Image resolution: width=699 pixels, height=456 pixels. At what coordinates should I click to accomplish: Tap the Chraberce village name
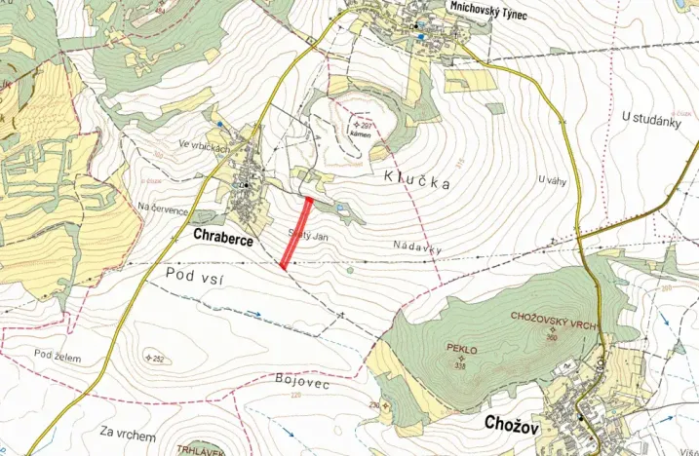pyautogui.click(x=223, y=237)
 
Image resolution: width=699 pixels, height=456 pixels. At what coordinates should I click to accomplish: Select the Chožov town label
pyautogui.click(x=513, y=424)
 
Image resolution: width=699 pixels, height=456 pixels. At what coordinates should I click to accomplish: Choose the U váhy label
pyautogui.click(x=552, y=180)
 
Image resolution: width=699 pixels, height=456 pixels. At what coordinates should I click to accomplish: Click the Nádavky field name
pyautogui.click(x=418, y=247)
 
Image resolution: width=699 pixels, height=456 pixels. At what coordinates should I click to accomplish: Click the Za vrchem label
pyautogui.click(x=128, y=430)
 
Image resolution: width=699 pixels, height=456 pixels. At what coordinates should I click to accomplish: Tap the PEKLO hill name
pyautogui.click(x=459, y=348)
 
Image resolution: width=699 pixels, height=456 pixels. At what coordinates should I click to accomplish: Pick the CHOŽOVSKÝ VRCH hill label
pyautogui.click(x=552, y=318)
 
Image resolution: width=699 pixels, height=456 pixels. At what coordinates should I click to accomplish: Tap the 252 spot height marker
pyautogui.click(x=154, y=358)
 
